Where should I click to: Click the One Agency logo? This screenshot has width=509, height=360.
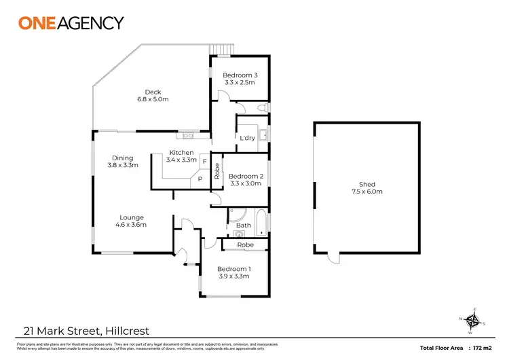coord(71,23)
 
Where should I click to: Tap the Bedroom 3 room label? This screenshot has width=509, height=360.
coord(240,75)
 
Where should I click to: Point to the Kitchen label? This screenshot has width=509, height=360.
coord(182,153)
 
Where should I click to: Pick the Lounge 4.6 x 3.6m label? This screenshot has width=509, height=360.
coord(131,221)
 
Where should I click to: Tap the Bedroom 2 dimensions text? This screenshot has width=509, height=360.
coord(246,183)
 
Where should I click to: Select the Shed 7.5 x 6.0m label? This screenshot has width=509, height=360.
coord(371,188)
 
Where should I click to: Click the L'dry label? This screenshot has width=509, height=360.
coord(247,138)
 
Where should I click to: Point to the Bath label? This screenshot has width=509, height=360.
coord(243,225)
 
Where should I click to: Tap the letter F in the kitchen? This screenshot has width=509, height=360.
coord(204,161)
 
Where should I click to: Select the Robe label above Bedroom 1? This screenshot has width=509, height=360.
coord(245,245)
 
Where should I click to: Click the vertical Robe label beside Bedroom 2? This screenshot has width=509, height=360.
coord(216,169)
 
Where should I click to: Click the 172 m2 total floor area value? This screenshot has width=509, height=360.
coord(483,348)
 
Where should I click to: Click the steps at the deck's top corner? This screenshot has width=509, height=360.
coord(223,50)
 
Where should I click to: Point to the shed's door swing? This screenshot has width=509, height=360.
coord(332,259)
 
